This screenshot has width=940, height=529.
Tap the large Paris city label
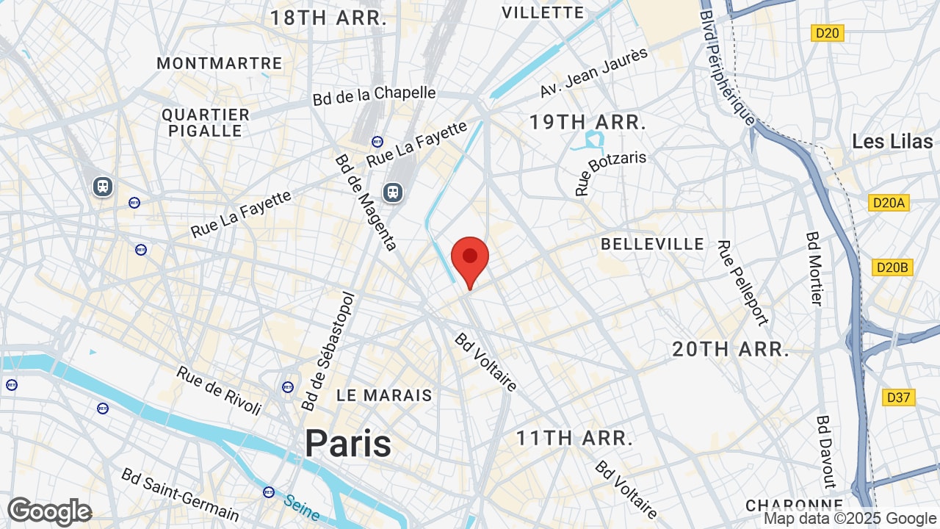(348, 443)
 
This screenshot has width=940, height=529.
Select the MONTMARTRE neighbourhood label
(219, 63)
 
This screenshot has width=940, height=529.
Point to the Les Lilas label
(892, 141)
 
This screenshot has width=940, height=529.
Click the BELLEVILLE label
(652, 244)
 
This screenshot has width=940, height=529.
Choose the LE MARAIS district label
(384, 395)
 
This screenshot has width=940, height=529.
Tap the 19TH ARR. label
(587, 122)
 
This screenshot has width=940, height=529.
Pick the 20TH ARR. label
(731, 349)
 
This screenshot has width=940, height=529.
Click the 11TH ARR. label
(574, 439)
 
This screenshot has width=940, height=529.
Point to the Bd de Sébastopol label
(328, 352)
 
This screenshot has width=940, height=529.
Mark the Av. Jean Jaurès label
(594, 73)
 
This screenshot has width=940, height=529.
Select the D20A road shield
(889, 203)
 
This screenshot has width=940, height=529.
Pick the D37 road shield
(898, 397)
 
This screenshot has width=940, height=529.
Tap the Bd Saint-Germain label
(181, 494)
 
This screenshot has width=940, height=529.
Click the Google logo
(49, 511)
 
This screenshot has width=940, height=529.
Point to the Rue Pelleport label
(742, 283)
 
